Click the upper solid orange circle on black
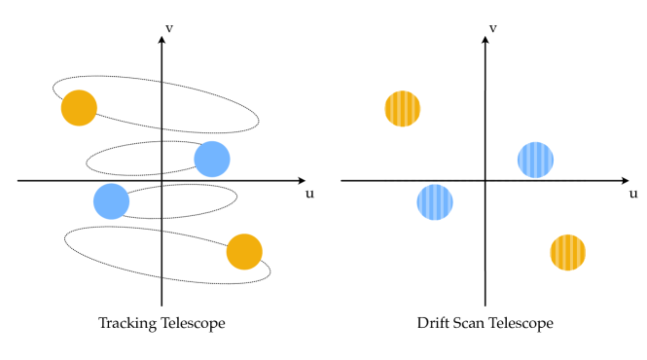coord(79,108)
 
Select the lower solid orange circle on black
coord(244,252)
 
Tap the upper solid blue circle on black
coord(212,159)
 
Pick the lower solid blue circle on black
coord(112,201)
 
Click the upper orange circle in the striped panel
coord(403,109)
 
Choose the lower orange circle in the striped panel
coord(567,253)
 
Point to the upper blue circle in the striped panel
coord(535,160)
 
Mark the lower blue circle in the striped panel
coord(435,202)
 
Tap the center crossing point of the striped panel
coord(485,181)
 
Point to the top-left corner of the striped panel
coord(385,90)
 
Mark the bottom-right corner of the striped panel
coord(585,270)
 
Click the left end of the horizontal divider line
coord(385,181)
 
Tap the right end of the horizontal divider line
coord(585,181)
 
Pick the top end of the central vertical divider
coord(485,90)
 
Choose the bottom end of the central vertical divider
coord(485,270)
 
